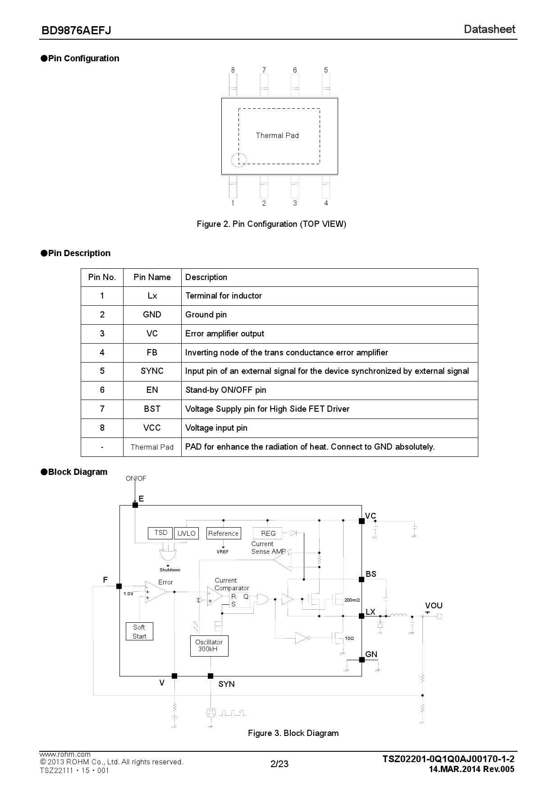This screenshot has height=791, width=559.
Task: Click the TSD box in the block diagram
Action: point(160,533)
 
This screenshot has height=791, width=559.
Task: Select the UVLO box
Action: point(186,533)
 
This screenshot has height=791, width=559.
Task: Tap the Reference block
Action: point(223,533)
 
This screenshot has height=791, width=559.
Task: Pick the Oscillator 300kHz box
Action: point(209,646)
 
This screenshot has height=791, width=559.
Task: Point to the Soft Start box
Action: point(139,631)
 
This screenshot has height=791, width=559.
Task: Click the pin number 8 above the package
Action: point(233,70)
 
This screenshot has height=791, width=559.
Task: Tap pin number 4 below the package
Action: point(326,203)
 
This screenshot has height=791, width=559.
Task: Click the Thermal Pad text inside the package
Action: point(277,135)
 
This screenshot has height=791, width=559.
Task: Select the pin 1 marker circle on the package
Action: point(238,159)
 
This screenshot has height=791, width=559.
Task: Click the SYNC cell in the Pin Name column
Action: point(152,371)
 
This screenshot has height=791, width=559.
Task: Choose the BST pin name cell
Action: point(152,409)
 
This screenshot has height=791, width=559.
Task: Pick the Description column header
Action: point(206,277)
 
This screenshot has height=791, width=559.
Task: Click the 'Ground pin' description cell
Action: point(206,315)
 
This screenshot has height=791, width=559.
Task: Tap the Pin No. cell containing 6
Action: point(102,390)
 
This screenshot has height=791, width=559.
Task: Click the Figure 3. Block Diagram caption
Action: point(293,733)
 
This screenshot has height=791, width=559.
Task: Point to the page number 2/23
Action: point(279,764)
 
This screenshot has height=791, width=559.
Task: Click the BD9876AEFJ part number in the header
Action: point(76,30)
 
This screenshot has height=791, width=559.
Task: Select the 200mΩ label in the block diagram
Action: point(352,600)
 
